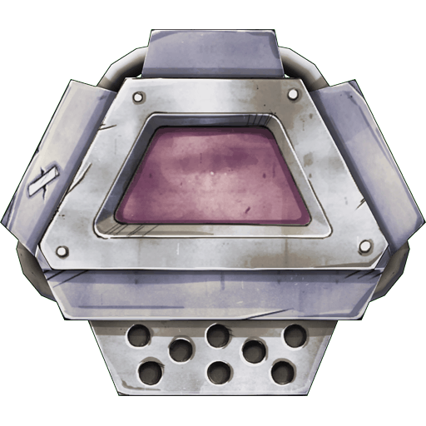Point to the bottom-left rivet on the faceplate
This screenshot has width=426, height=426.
[60, 250]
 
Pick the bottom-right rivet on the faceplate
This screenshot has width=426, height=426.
[364, 245]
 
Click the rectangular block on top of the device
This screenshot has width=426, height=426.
[212, 52]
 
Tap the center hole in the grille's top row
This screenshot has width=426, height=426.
[218, 335]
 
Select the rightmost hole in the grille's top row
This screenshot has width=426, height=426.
[293, 335]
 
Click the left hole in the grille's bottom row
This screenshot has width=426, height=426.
[151, 370]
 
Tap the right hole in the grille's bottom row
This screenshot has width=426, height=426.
[282, 371]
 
